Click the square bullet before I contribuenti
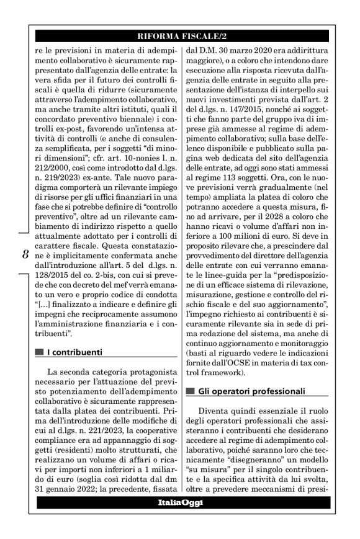tap(40, 352)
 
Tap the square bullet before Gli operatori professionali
tap(191, 391)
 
